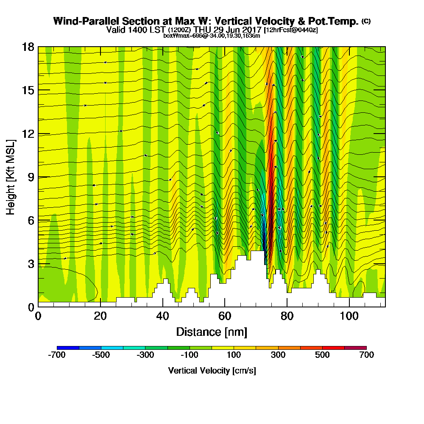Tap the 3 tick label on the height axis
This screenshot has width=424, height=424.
[31, 264]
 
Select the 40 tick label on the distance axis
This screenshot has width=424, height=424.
[163, 316]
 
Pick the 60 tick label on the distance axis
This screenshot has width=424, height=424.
[225, 316]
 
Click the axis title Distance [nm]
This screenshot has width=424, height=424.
[212, 332]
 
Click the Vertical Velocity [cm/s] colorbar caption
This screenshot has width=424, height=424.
[212, 371]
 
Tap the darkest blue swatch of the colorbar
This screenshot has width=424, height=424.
[67, 348]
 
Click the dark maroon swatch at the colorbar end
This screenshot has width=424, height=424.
[355, 348]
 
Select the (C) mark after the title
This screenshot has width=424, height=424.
[366, 21]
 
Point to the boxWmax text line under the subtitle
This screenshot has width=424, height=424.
[212, 36]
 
